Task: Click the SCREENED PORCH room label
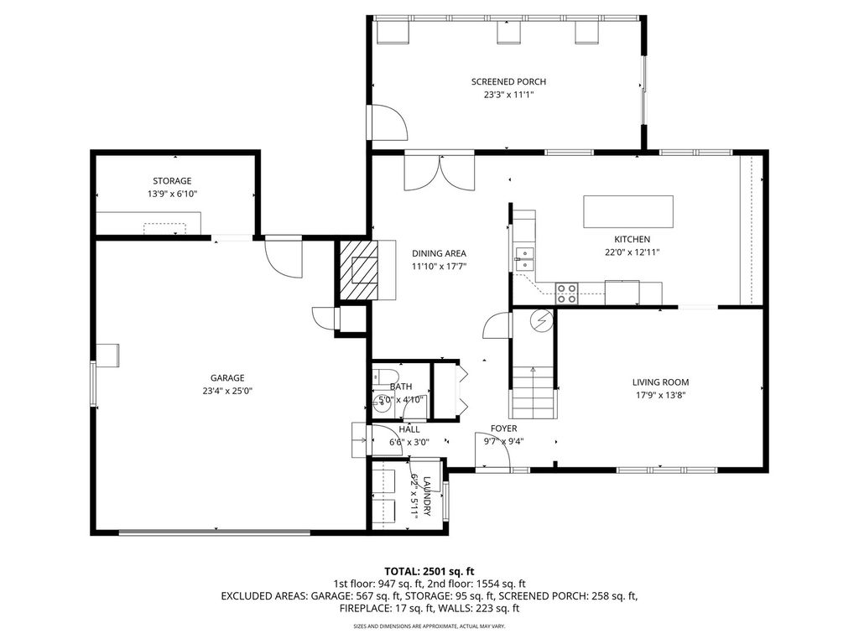coord(508,81)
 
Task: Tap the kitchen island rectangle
coord(628,211)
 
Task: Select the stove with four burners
coord(567,293)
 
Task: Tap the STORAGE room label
coord(172,181)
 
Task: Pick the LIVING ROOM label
coord(660,382)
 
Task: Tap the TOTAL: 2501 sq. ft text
coord(429,569)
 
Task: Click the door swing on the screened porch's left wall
coord(388,122)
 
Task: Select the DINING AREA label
coord(439,253)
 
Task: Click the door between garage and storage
coord(284,257)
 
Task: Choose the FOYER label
coord(504,428)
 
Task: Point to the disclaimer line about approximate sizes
coord(429,626)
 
